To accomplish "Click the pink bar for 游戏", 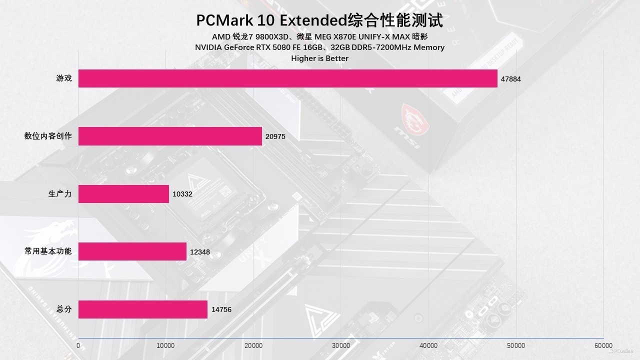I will pyautogui.click(x=287, y=78).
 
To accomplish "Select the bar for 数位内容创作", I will pyautogui.click(x=170, y=136).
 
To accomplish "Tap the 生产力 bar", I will pyautogui.click(x=123, y=194).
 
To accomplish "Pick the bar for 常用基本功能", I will pyautogui.click(x=132, y=251).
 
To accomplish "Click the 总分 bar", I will pyautogui.click(x=142, y=309).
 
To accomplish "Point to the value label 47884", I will pyautogui.click(x=510, y=79).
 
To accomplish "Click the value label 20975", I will pyautogui.click(x=275, y=136).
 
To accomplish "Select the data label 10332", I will pyautogui.click(x=182, y=194).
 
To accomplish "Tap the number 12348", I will pyautogui.click(x=200, y=252).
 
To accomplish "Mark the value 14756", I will pyautogui.click(x=221, y=309).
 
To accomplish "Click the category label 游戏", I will pyautogui.click(x=64, y=78).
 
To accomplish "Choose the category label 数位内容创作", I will pyautogui.click(x=48, y=136).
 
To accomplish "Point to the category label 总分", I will pyautogui.click(x=64, y=309).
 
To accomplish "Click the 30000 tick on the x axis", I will pyautogui.click(x=341, y=345).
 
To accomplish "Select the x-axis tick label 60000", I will pyautogui.click(x=603, y=345).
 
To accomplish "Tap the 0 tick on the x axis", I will pyautogui.click(x=78, y=345).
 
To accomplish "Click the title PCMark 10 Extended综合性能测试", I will pyautogui.click(x=319, y=20).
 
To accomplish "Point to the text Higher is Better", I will pyautogui.click(x=319, y=58).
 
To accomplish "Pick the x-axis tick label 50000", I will pyautogui.click(x=515, y=345).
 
